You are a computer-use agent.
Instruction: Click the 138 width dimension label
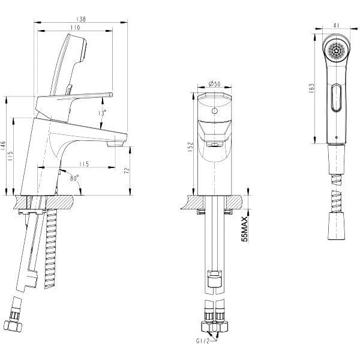click(80, 19)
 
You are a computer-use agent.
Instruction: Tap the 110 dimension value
click(76, 28)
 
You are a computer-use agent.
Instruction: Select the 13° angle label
click(103, 113)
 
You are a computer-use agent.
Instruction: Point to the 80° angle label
click(74, 178)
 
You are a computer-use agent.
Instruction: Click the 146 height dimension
click(4, 146)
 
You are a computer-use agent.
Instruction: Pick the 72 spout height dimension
click(127, 170)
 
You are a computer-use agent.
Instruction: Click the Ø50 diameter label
click(214, 84)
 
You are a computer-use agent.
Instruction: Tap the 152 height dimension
click(191, 148)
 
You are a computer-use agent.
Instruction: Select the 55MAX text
click(245, 229)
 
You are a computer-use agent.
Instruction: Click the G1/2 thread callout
click(203, 347)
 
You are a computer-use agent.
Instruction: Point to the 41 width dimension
click(336, 25)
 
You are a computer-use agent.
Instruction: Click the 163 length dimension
click(311, 88)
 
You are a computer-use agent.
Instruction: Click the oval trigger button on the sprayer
click(337, 98)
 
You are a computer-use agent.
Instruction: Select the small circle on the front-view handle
click(214, 111)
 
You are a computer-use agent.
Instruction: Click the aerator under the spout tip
click(115, 144)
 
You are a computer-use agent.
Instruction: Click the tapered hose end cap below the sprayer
click(337, 226)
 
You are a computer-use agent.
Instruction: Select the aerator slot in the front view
click(214, 145)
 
